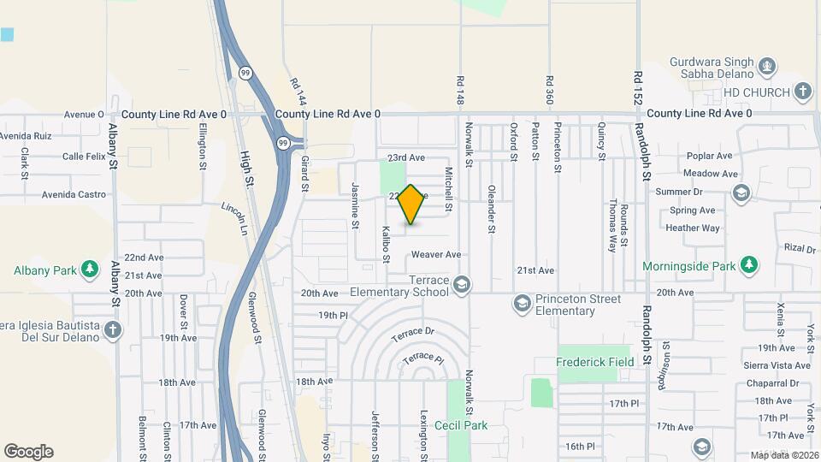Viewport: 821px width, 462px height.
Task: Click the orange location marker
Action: (x=410, y=204)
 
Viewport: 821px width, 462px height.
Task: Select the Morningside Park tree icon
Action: (x=749, y=264)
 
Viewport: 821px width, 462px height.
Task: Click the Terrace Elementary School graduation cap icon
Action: (x=462, y=284)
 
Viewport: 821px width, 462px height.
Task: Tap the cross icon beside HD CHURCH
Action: (x=802, y=91)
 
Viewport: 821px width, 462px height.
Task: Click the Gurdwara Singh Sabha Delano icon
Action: (x=767, y=65)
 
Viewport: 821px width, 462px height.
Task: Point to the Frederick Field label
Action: (x=595, y=362)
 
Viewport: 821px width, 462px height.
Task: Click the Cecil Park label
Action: (x=460, y=425)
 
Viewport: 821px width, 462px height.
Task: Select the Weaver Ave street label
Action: (x=436, y=255)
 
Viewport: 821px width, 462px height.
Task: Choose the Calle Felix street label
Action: (x=84, y=157)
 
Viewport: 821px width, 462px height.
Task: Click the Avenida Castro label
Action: (x=74, y=195)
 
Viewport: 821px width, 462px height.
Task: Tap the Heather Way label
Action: (x=692, y=228)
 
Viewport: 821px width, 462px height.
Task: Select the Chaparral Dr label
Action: (x=771, y=383)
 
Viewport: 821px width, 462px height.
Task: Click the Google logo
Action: (x=28, y=452)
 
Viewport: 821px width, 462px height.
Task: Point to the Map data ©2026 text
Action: (x=783, y=455)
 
